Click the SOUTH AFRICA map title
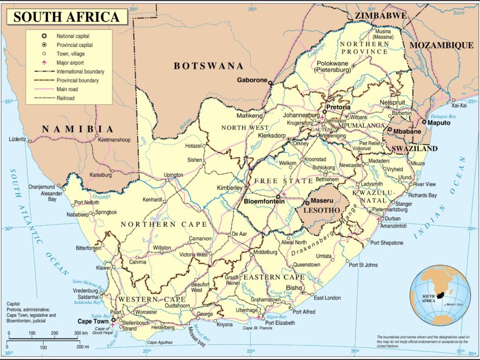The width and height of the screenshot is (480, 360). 66,17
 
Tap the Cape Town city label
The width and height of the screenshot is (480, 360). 93,321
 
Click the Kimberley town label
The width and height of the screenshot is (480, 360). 230,188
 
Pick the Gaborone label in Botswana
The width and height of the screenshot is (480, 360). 252,80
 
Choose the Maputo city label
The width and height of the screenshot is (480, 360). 439,123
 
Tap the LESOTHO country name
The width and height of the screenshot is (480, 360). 322,210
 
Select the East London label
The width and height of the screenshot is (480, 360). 328,298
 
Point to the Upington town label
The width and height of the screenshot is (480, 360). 174,175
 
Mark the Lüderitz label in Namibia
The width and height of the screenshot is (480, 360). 17,140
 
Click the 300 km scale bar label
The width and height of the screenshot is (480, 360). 81,333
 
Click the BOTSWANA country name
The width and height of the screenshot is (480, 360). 208,66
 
